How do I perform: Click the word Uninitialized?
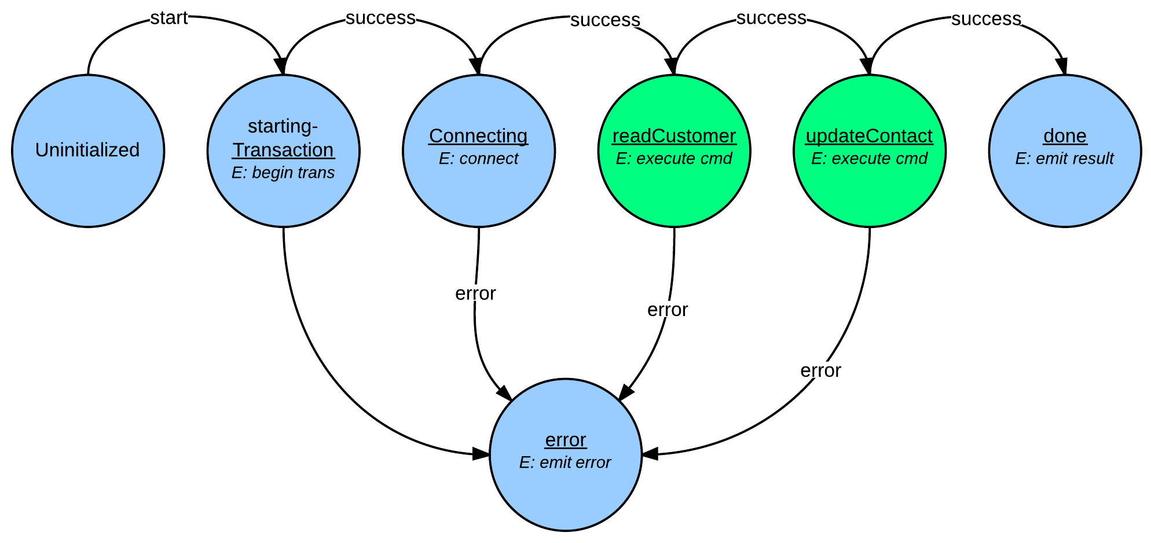87,150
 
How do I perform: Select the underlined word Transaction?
283,150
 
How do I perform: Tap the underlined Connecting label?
478,136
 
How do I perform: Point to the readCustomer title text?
674,136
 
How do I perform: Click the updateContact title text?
869,136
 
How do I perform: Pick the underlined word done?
1065,136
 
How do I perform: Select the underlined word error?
566,440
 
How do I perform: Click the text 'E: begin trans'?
283,173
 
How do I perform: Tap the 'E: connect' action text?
478,159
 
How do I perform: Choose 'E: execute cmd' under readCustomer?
674,159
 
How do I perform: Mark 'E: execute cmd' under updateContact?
869,159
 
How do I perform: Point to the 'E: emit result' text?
1065,159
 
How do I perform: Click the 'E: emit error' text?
565,463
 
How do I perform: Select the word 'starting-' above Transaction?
283,126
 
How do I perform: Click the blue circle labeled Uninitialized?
88,191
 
